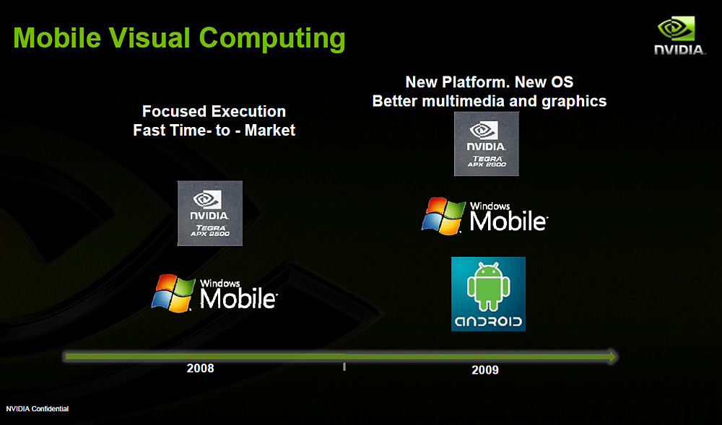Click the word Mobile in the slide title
[x=57, y=38]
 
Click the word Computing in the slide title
[x=272, y=40]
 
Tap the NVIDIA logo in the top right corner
[x=679, y=35]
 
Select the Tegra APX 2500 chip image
[x=210, y=213]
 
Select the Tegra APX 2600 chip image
[x=486, y=144]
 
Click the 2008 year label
[x=200, y=368]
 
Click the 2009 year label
[x=485, y=370]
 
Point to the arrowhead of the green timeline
[x=612, y=356]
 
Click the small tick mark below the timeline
[x=344, y=367]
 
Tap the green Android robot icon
[x=488, y=286]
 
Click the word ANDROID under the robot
[x=488, y=322]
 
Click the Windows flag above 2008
[x=173, y=294]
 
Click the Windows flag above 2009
[x=443, y=216]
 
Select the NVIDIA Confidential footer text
[x=38, y=409]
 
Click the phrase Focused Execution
[x=214, y=111]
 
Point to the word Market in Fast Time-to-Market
[x=270, y=130]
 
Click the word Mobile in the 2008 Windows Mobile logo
[x=238, y=299]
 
